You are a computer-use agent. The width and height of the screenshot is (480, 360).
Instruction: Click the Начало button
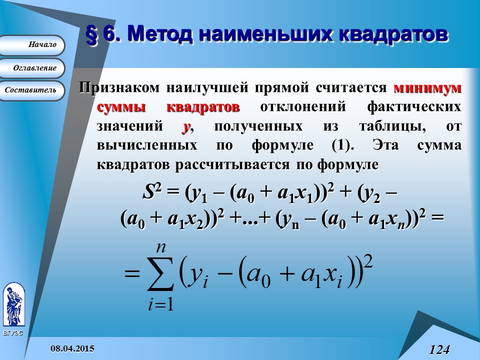(33, 45)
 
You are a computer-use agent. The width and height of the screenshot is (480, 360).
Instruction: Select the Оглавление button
(33, 68)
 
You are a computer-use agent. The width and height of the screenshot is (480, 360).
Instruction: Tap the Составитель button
(33, 90)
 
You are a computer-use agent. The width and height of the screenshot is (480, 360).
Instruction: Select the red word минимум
(427, 88)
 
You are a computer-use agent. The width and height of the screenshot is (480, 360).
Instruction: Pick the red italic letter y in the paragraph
(186, 127)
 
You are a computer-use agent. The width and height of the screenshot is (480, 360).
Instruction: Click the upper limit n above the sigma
(160, 246)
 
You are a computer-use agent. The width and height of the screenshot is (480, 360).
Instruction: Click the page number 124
(439, 349)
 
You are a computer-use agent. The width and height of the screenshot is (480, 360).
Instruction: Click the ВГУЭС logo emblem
(13, 305)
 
